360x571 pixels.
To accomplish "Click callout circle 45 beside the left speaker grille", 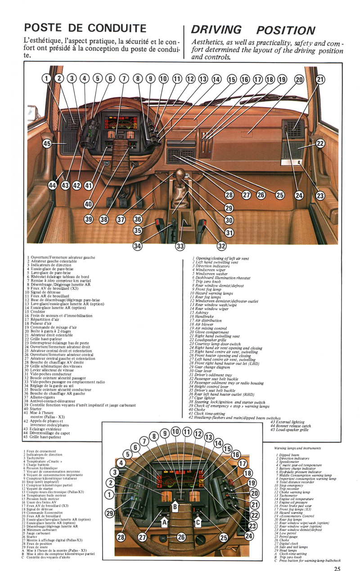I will (47, 144).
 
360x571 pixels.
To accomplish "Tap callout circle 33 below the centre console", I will (180, 246).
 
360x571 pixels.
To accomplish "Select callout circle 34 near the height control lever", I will (137, 246).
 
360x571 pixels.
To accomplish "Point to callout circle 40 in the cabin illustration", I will (89, 204).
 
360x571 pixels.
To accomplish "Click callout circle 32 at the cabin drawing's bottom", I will (221, 246).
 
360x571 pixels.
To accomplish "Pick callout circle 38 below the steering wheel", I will (104, 220).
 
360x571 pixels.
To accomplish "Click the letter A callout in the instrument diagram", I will (165, 522).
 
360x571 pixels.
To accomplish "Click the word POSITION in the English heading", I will (285, 30).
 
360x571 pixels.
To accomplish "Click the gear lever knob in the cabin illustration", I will (181, 174).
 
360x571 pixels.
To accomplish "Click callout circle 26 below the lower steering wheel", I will (181, 536).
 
